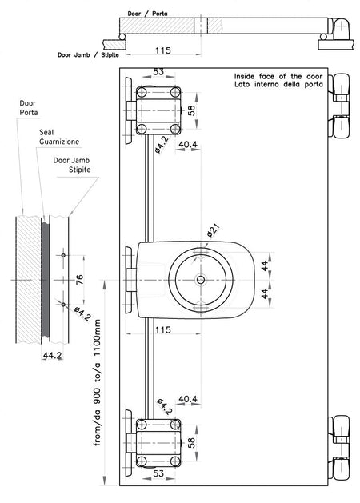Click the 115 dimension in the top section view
[163, 50]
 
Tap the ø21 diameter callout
[214, 230]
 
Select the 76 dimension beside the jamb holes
[79, 279]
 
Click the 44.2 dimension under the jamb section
[52, 355]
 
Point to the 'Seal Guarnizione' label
[59, 137]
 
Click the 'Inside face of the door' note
[278, 76]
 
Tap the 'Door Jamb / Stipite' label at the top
[88, 55]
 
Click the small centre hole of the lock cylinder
[201, 280]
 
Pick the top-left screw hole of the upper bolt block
[142, 93]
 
